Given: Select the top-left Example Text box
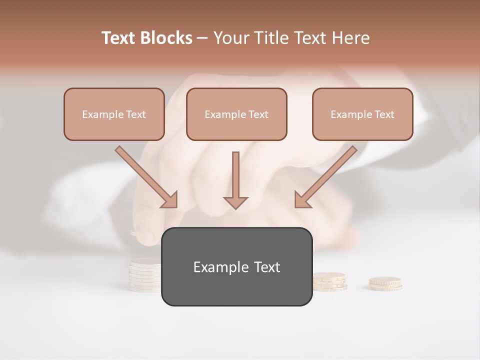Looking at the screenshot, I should [x=114, y=114].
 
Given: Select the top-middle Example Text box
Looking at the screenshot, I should [x=236, y=114].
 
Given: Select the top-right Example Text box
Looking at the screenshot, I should [x=362, y=114].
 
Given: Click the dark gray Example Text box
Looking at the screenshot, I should [x=236, y=267].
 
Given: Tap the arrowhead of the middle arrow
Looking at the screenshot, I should [x=235, y=202].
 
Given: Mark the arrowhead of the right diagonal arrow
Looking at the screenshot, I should [x=302, y=200].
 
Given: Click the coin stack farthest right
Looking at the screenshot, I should [x=385, y=284].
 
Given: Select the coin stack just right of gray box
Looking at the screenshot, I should [x=329, y=281].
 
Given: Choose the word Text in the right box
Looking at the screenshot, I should [x=383, y=114].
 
